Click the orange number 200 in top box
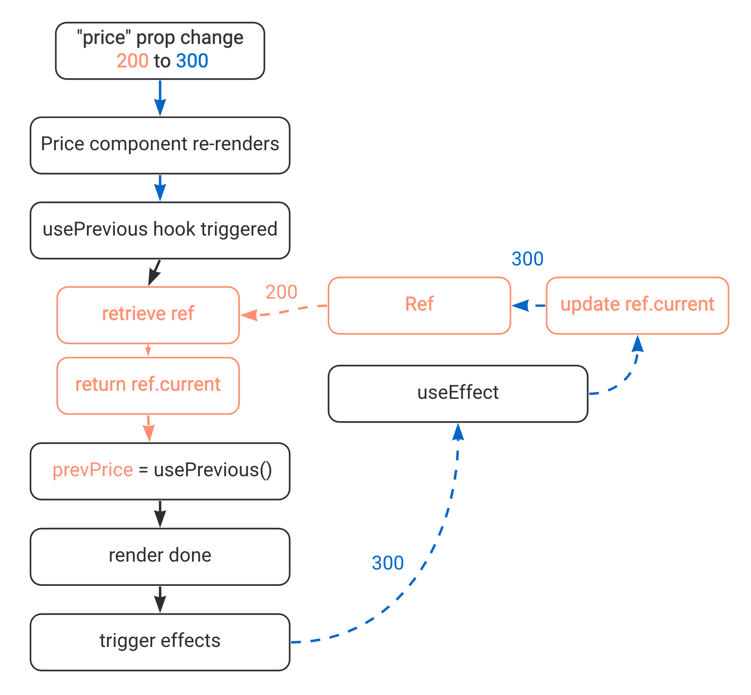(132, 61)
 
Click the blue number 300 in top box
(192, 61)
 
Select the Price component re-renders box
(160, 145)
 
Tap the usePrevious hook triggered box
(160, 230)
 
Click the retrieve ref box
(148, 315)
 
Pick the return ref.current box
(148, 385)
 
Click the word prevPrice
(92, 470)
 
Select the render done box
(160, 556)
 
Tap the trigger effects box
(160, 641)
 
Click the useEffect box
(457, 393)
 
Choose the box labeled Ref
(419, 305)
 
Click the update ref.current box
(637, 305)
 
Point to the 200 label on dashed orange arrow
(281, 292)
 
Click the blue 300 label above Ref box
(527, 259)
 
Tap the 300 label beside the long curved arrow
(387, 563)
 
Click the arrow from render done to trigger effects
(160, 599)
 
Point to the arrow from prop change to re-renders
(160, 97)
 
